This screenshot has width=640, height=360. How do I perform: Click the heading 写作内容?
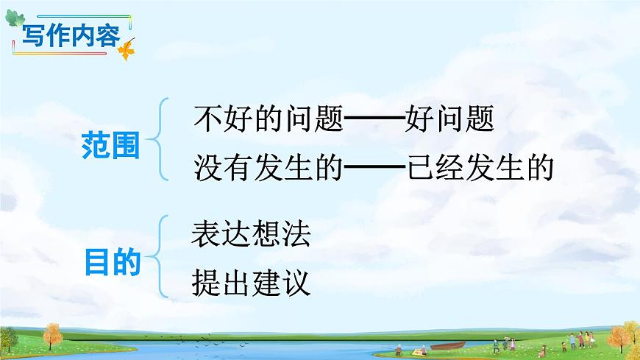pos(70,36)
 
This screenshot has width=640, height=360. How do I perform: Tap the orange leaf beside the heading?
pos(127,50)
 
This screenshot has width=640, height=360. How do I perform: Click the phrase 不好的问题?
pos(269,120)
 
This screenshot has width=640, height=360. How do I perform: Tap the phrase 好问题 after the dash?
pos(449,120)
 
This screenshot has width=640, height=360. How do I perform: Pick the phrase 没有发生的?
pos(269,169)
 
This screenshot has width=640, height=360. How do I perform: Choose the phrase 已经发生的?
pos(479,169)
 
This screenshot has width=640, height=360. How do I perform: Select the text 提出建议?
pos(251,283)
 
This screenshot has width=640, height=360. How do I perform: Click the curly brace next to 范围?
pos(158,140)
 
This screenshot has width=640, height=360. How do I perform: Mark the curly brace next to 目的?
pos(159,256)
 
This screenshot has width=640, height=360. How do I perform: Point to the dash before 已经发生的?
pos(374,170)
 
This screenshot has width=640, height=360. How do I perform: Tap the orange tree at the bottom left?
pos(51,336)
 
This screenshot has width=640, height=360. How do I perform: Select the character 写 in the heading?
pos(33,36)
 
